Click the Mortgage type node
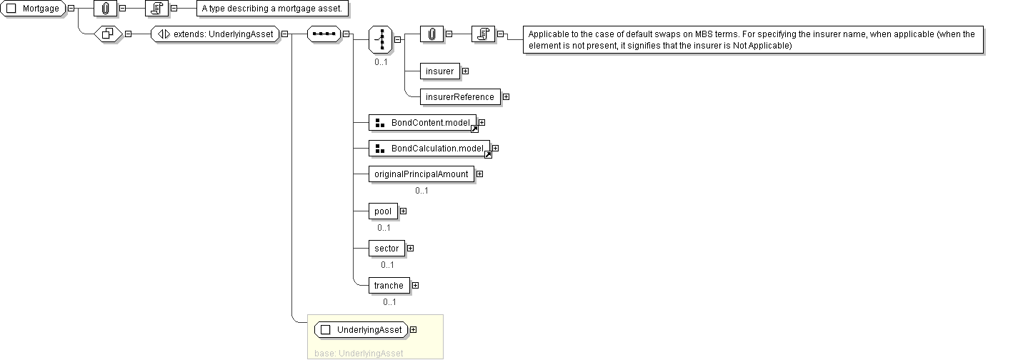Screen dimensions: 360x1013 (34, 9)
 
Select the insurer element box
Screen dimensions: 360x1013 (439, 71)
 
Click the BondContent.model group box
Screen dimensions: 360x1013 (422, 123)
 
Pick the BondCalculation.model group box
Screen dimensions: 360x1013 (429, 149)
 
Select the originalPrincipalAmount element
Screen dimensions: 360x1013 (421, 174)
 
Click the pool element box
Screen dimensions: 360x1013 (383, 211)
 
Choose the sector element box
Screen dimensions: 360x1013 (386, 249)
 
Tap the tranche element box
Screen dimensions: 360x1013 (389, 286)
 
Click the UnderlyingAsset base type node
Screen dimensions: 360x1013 (361, 330)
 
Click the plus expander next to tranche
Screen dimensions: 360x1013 (415, 286)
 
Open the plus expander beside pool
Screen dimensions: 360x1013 (403, 211)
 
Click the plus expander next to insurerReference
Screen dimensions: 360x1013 (506, 97)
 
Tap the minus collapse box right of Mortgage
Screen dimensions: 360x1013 (71, 9)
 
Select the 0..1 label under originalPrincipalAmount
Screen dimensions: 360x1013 (421, 191)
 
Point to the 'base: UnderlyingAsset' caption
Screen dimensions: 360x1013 (359, 353)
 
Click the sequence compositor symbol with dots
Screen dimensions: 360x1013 (323, 34)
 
